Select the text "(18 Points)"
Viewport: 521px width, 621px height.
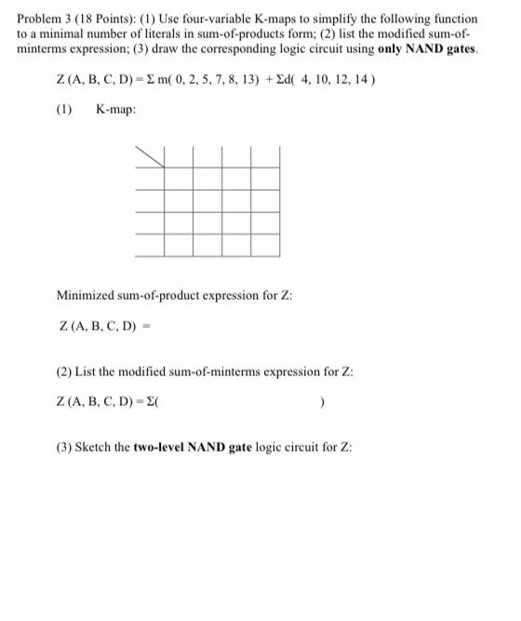click(102, 19)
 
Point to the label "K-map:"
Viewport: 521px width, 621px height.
click(115, 110)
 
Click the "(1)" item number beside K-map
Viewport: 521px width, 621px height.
click(64, 110)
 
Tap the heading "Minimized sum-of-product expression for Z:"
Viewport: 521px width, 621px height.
click(175, 296)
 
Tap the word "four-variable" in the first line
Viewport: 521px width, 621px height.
click(199, 19)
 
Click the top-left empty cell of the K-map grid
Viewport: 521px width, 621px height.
click(179, 178)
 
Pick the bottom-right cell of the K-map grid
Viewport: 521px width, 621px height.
click(265, 245)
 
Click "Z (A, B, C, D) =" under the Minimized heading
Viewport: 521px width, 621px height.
click(103, 327)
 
